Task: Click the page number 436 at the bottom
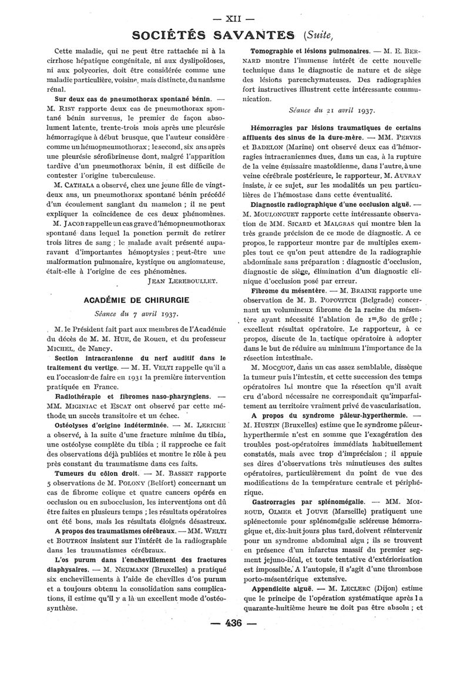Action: pos(234,640)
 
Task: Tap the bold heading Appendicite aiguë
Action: pos(284,605)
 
